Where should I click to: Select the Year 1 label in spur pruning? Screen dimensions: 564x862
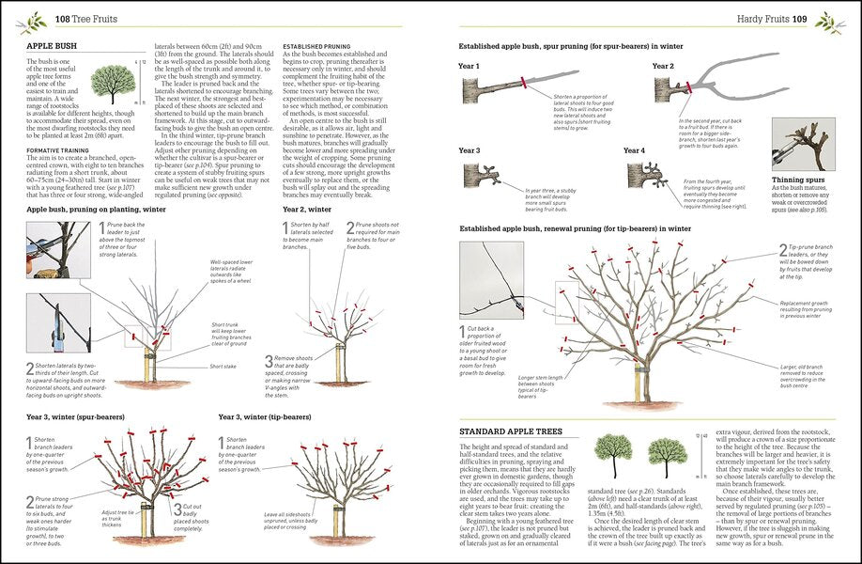[x=469, y=67]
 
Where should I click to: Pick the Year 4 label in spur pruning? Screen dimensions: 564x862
[x=635, y=150]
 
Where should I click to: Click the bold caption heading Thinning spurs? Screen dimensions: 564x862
[x=799, y=179]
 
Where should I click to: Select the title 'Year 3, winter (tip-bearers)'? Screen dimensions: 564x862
[x=265, y=416]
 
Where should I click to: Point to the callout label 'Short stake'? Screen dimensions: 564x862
[x=223, y=367]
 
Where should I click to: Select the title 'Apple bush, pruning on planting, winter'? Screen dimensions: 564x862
[x=96, y=210]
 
